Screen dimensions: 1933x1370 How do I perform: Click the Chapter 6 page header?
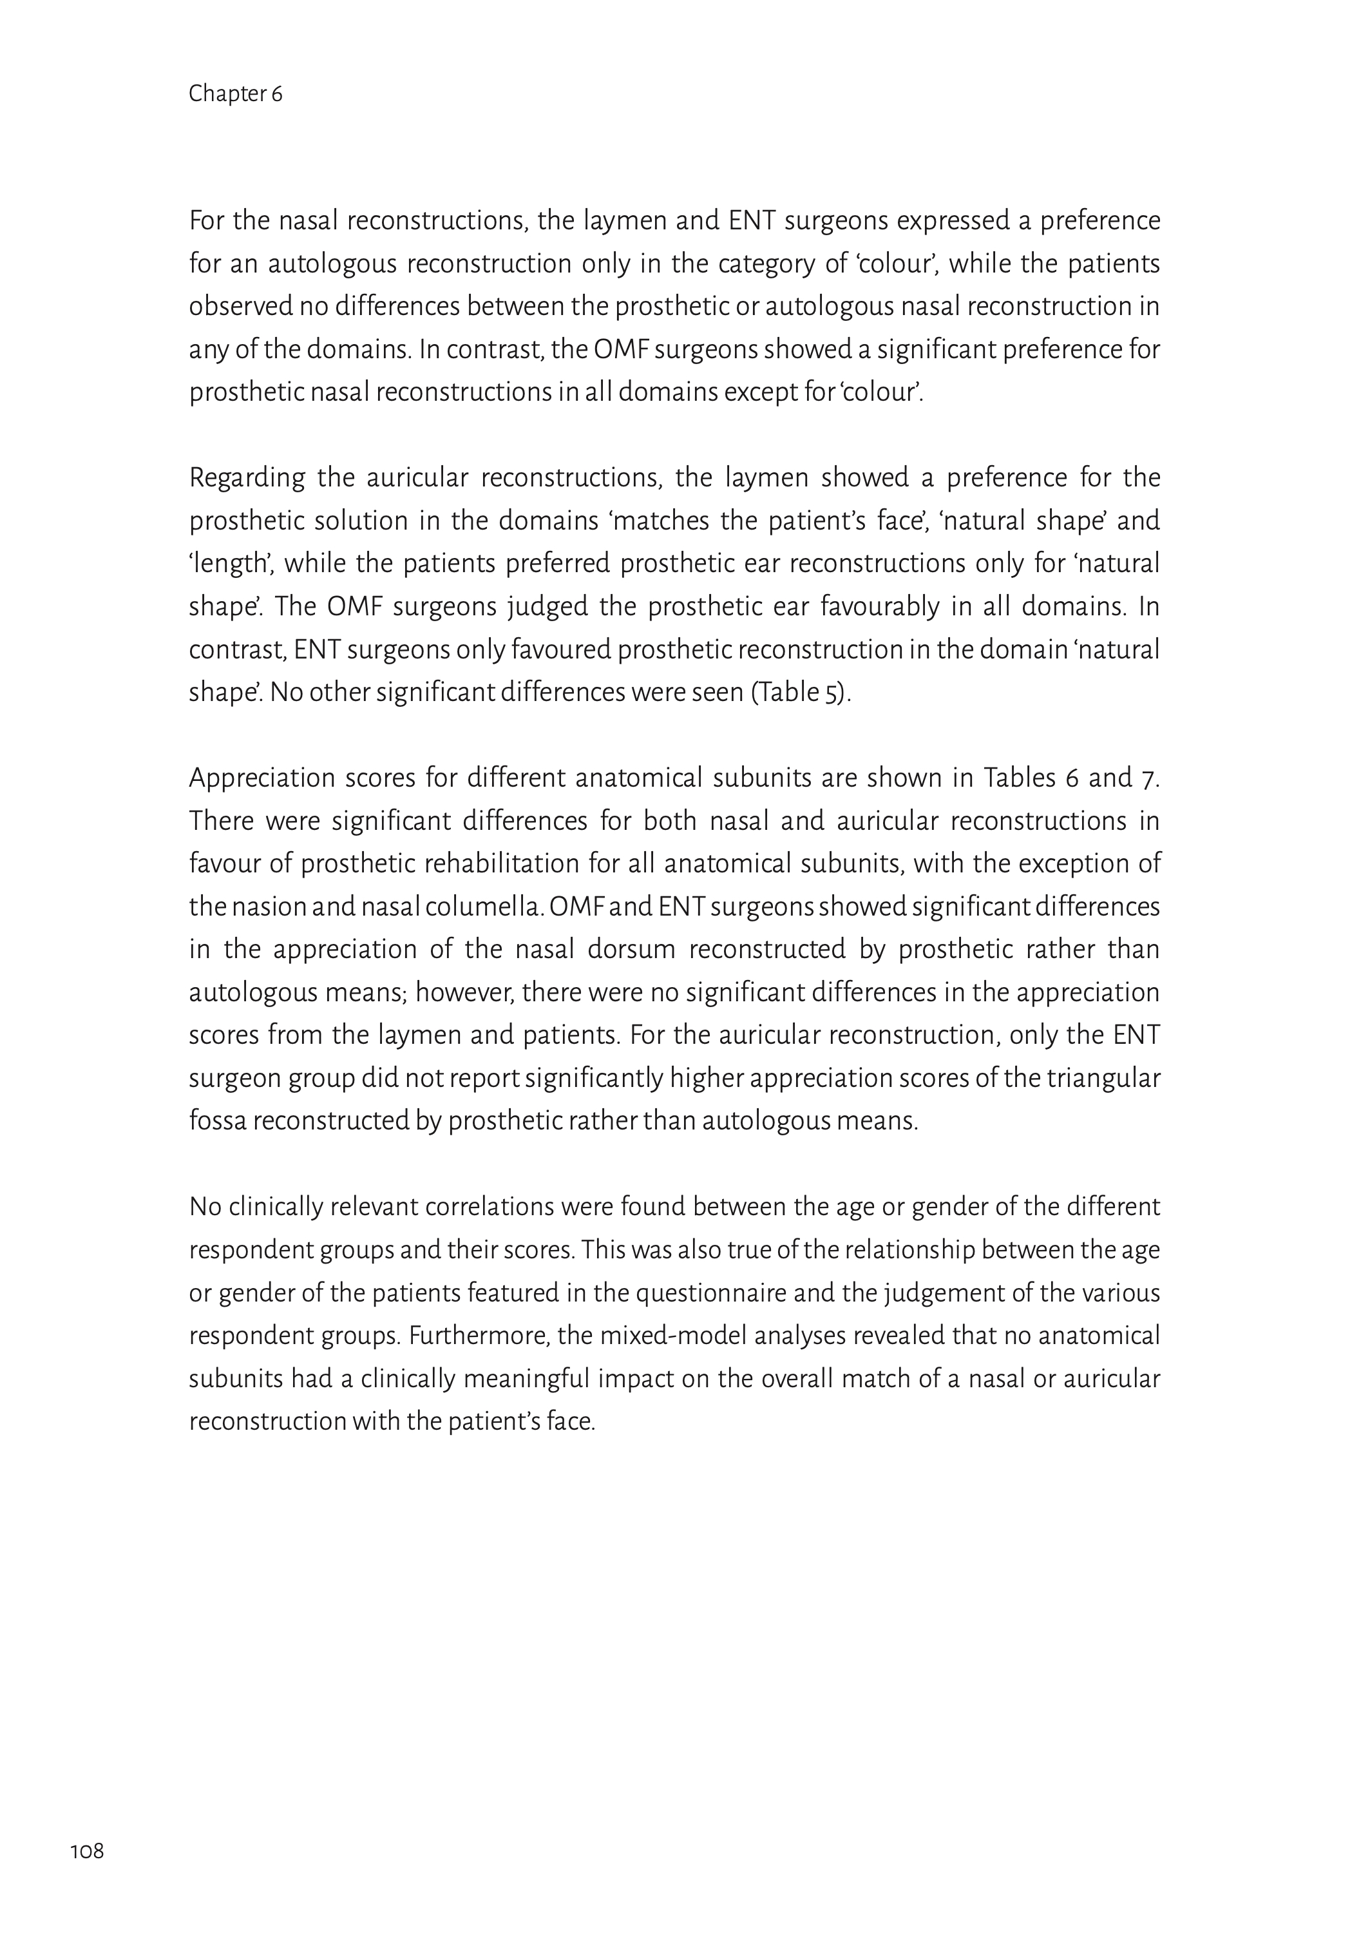coord(235,93)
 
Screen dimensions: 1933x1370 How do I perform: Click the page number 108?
coord(87,1851)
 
